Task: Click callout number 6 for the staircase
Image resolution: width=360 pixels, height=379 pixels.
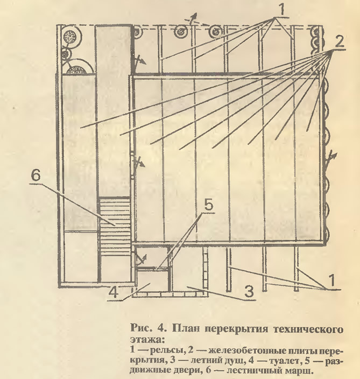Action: tap(36, 176)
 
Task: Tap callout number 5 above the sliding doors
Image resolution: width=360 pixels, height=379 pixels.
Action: tap(209, 206)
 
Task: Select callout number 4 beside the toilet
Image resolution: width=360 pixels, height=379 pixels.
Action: tap(114, 293)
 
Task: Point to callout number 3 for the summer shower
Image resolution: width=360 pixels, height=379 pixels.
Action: tap(249, 292)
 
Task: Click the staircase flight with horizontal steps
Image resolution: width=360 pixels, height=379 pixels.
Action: tap(115, 227)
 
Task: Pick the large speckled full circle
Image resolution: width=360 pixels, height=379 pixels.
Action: tap(70, 37)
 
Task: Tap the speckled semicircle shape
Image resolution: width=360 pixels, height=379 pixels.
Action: tap(77, 70)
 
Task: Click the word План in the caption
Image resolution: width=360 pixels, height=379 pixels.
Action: tap(186, 329)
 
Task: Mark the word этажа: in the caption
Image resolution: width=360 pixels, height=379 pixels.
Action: tap(147, 340)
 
